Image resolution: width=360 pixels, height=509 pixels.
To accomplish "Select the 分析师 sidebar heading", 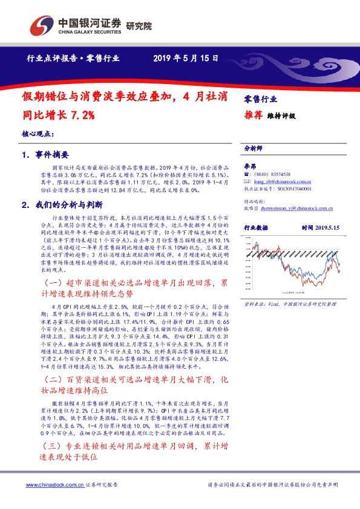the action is point(254,148).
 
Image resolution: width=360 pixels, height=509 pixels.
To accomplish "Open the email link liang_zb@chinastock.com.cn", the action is point(283,180).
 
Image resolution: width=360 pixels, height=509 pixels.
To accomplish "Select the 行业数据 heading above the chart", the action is point(257,227).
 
